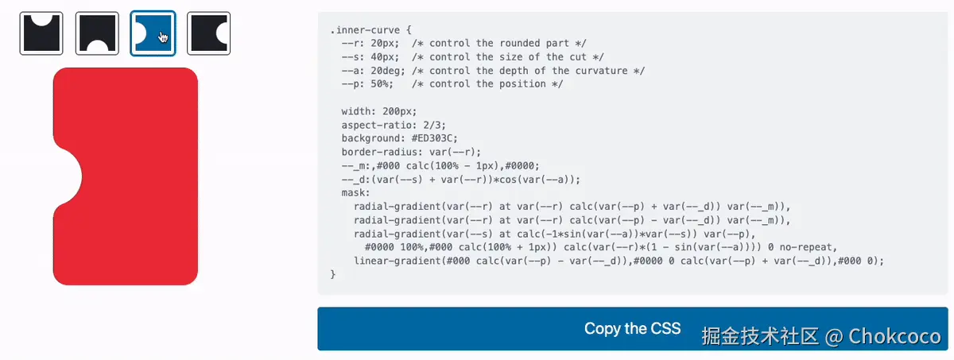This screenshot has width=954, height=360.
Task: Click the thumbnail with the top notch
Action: pos(41,33)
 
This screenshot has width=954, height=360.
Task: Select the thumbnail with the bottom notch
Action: pos(97,33)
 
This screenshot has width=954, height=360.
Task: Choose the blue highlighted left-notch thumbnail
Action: pos(153,33)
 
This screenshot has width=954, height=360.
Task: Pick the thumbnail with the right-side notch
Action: pos(208,33)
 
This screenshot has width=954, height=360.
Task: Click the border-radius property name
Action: pos(378,152)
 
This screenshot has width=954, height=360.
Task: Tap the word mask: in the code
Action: pos(355,192)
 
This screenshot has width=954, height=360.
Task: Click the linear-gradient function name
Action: pos(396,260)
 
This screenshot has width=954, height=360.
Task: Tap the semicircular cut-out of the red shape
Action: pos(67,176)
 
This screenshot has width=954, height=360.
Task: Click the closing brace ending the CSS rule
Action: pos(332,273)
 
